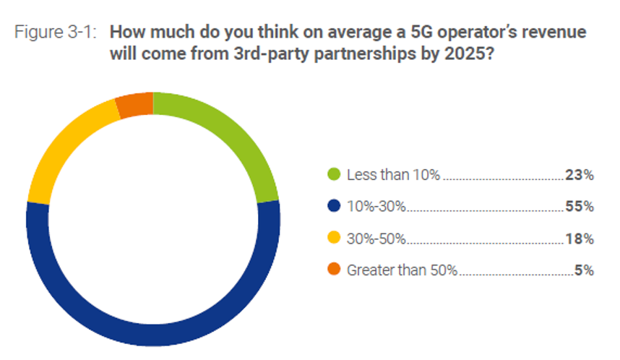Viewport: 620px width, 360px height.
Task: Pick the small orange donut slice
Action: (135, 104)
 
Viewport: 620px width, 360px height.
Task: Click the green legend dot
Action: (334, 175)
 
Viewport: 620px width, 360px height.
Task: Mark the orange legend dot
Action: (334, 270)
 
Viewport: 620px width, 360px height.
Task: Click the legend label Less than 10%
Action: (394, 175)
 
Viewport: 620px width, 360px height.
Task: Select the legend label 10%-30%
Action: (376, 207)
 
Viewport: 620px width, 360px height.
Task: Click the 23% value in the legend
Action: (580, 175)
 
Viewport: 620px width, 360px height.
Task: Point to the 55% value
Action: (580, 207)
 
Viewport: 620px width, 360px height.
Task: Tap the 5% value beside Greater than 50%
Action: (584, 270)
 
